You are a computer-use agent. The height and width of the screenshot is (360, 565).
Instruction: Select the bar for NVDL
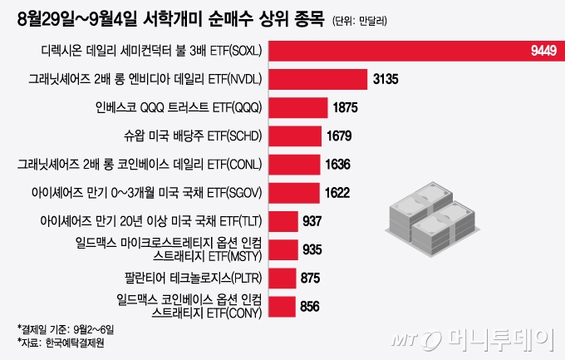point(319,79)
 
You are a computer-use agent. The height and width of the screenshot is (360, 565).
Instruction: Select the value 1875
point(344,107)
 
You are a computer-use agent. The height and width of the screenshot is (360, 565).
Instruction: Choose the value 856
point(309,307)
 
